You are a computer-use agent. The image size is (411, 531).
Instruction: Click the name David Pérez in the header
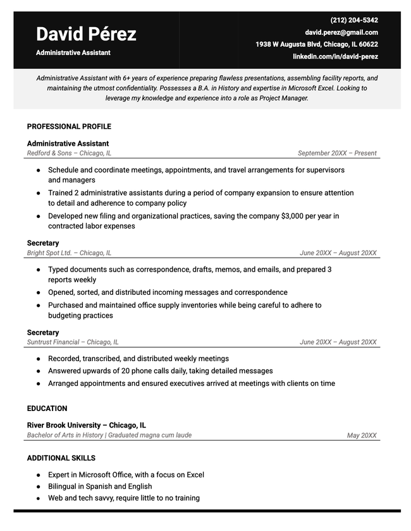point(86,34)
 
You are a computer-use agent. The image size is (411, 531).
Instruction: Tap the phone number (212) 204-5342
point(354,20)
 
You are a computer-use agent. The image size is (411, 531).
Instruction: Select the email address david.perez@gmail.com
point(341,32)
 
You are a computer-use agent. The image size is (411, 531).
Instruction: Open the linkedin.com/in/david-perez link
point(335,57)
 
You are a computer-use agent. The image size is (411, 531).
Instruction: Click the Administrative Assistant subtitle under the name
point(73,53)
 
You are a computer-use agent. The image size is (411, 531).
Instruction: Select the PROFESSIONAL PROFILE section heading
point(69,127)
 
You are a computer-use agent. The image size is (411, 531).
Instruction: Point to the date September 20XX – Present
point(337,153)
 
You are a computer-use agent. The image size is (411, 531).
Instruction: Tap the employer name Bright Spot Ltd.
point(49,253)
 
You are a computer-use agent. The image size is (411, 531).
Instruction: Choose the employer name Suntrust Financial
point(54,342)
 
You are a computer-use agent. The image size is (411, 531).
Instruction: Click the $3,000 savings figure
point(293,216)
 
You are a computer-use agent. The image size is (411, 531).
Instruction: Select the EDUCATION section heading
point(47,409)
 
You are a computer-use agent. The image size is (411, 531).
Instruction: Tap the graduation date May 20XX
point(362,436)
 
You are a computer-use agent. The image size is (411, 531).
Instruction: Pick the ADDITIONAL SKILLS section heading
point(61,458)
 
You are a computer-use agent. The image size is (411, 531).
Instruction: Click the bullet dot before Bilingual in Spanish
point(39,487)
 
